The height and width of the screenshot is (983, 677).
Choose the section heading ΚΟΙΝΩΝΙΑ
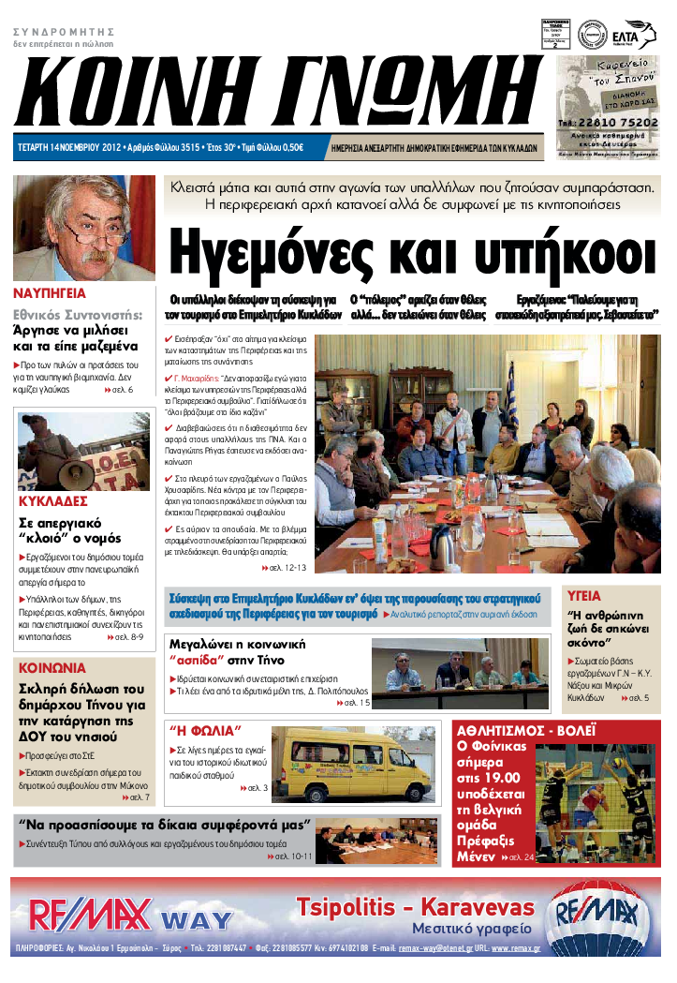(52, 668)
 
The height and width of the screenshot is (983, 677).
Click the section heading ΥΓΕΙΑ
(584, 595)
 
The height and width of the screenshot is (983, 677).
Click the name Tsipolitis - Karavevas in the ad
(416, 906)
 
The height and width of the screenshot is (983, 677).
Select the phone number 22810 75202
(614, 122)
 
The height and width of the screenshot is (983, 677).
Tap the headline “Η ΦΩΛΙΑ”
(205, 730)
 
